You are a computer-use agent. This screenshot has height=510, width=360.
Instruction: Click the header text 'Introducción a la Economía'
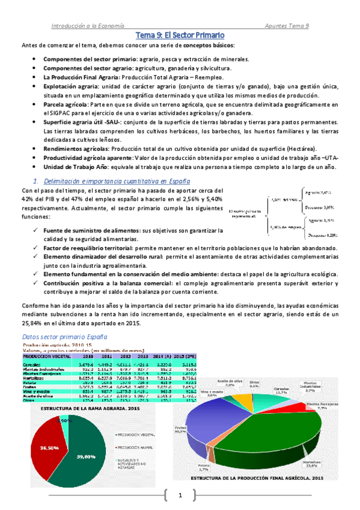click(x=87, y=26)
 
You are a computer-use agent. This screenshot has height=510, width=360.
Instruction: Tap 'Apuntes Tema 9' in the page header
click(x=287, y=26)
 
